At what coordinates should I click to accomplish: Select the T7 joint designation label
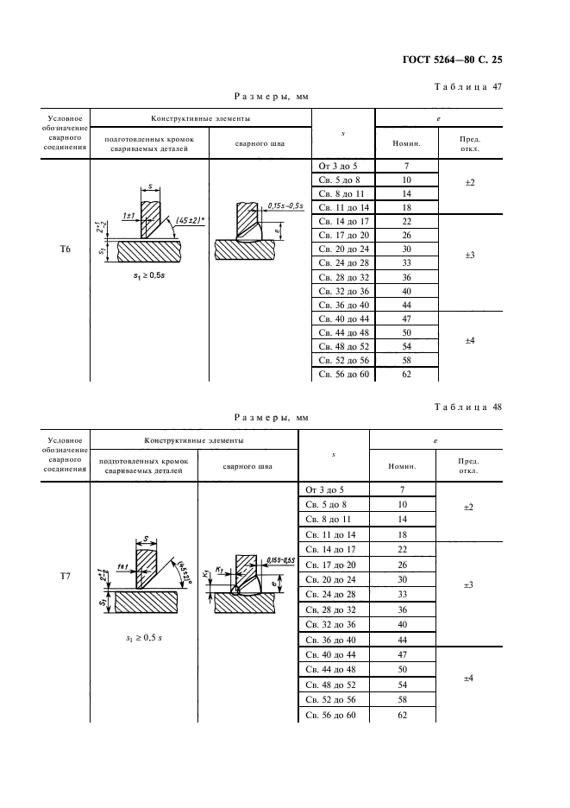pos(65,574)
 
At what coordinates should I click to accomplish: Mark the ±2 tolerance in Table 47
pos(470,183)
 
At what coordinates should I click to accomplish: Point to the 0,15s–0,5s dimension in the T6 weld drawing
pos(285,205)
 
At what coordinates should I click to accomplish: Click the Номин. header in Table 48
pos(403,466)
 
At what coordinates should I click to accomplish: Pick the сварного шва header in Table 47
pos(260,143)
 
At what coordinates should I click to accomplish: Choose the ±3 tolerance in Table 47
pos(470,256)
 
